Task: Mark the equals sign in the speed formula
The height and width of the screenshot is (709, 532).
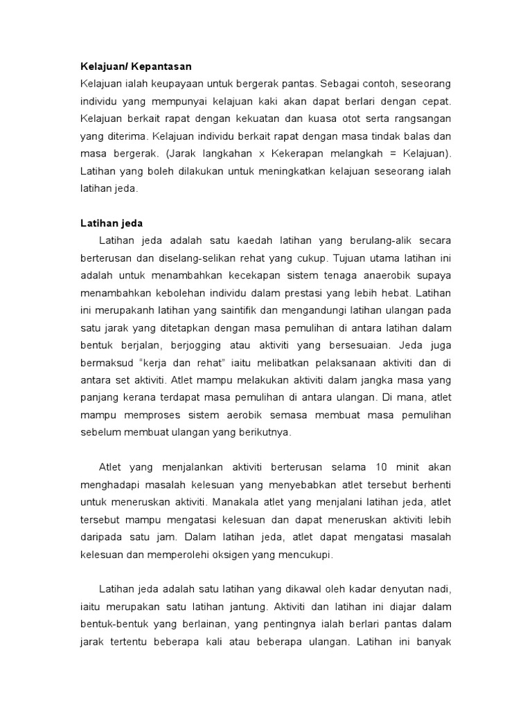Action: [x=391, y=152]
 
